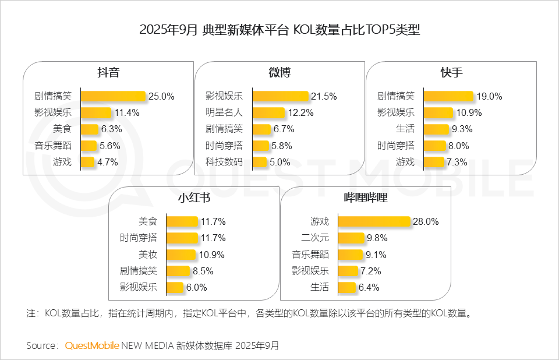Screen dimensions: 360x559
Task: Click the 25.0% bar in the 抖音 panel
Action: click(x=112, y=96)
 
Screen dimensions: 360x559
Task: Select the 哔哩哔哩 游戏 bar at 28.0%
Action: click(x=374, y=221)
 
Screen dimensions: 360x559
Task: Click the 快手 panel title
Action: click(x=452, y=73)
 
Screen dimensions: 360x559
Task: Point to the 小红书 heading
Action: click(x=194, y=198)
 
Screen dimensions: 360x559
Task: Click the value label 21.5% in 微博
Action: click(x=324, y=96)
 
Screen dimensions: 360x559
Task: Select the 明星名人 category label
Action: click(x=224, y=112)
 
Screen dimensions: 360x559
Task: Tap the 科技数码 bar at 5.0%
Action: click(x=260, y=162)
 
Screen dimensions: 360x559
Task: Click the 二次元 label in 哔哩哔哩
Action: click(x=315, y=238)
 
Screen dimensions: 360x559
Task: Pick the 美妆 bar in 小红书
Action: click(x=181, y=255)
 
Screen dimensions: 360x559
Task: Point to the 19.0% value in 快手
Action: click(x=489, y=96)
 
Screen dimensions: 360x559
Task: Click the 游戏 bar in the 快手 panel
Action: click(x=434, y=162)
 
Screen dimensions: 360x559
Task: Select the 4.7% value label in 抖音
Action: click(x=108, y=162)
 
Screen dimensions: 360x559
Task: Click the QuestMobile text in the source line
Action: click(x=92, y=345)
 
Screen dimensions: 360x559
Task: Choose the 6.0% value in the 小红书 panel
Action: click(x=196, y=287)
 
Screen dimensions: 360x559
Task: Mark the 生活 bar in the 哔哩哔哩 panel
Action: click(x=347, y=287)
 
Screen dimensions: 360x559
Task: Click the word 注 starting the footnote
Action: click(x=31, y=313)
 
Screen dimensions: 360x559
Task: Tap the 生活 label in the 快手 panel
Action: click(x=405, y=129)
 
